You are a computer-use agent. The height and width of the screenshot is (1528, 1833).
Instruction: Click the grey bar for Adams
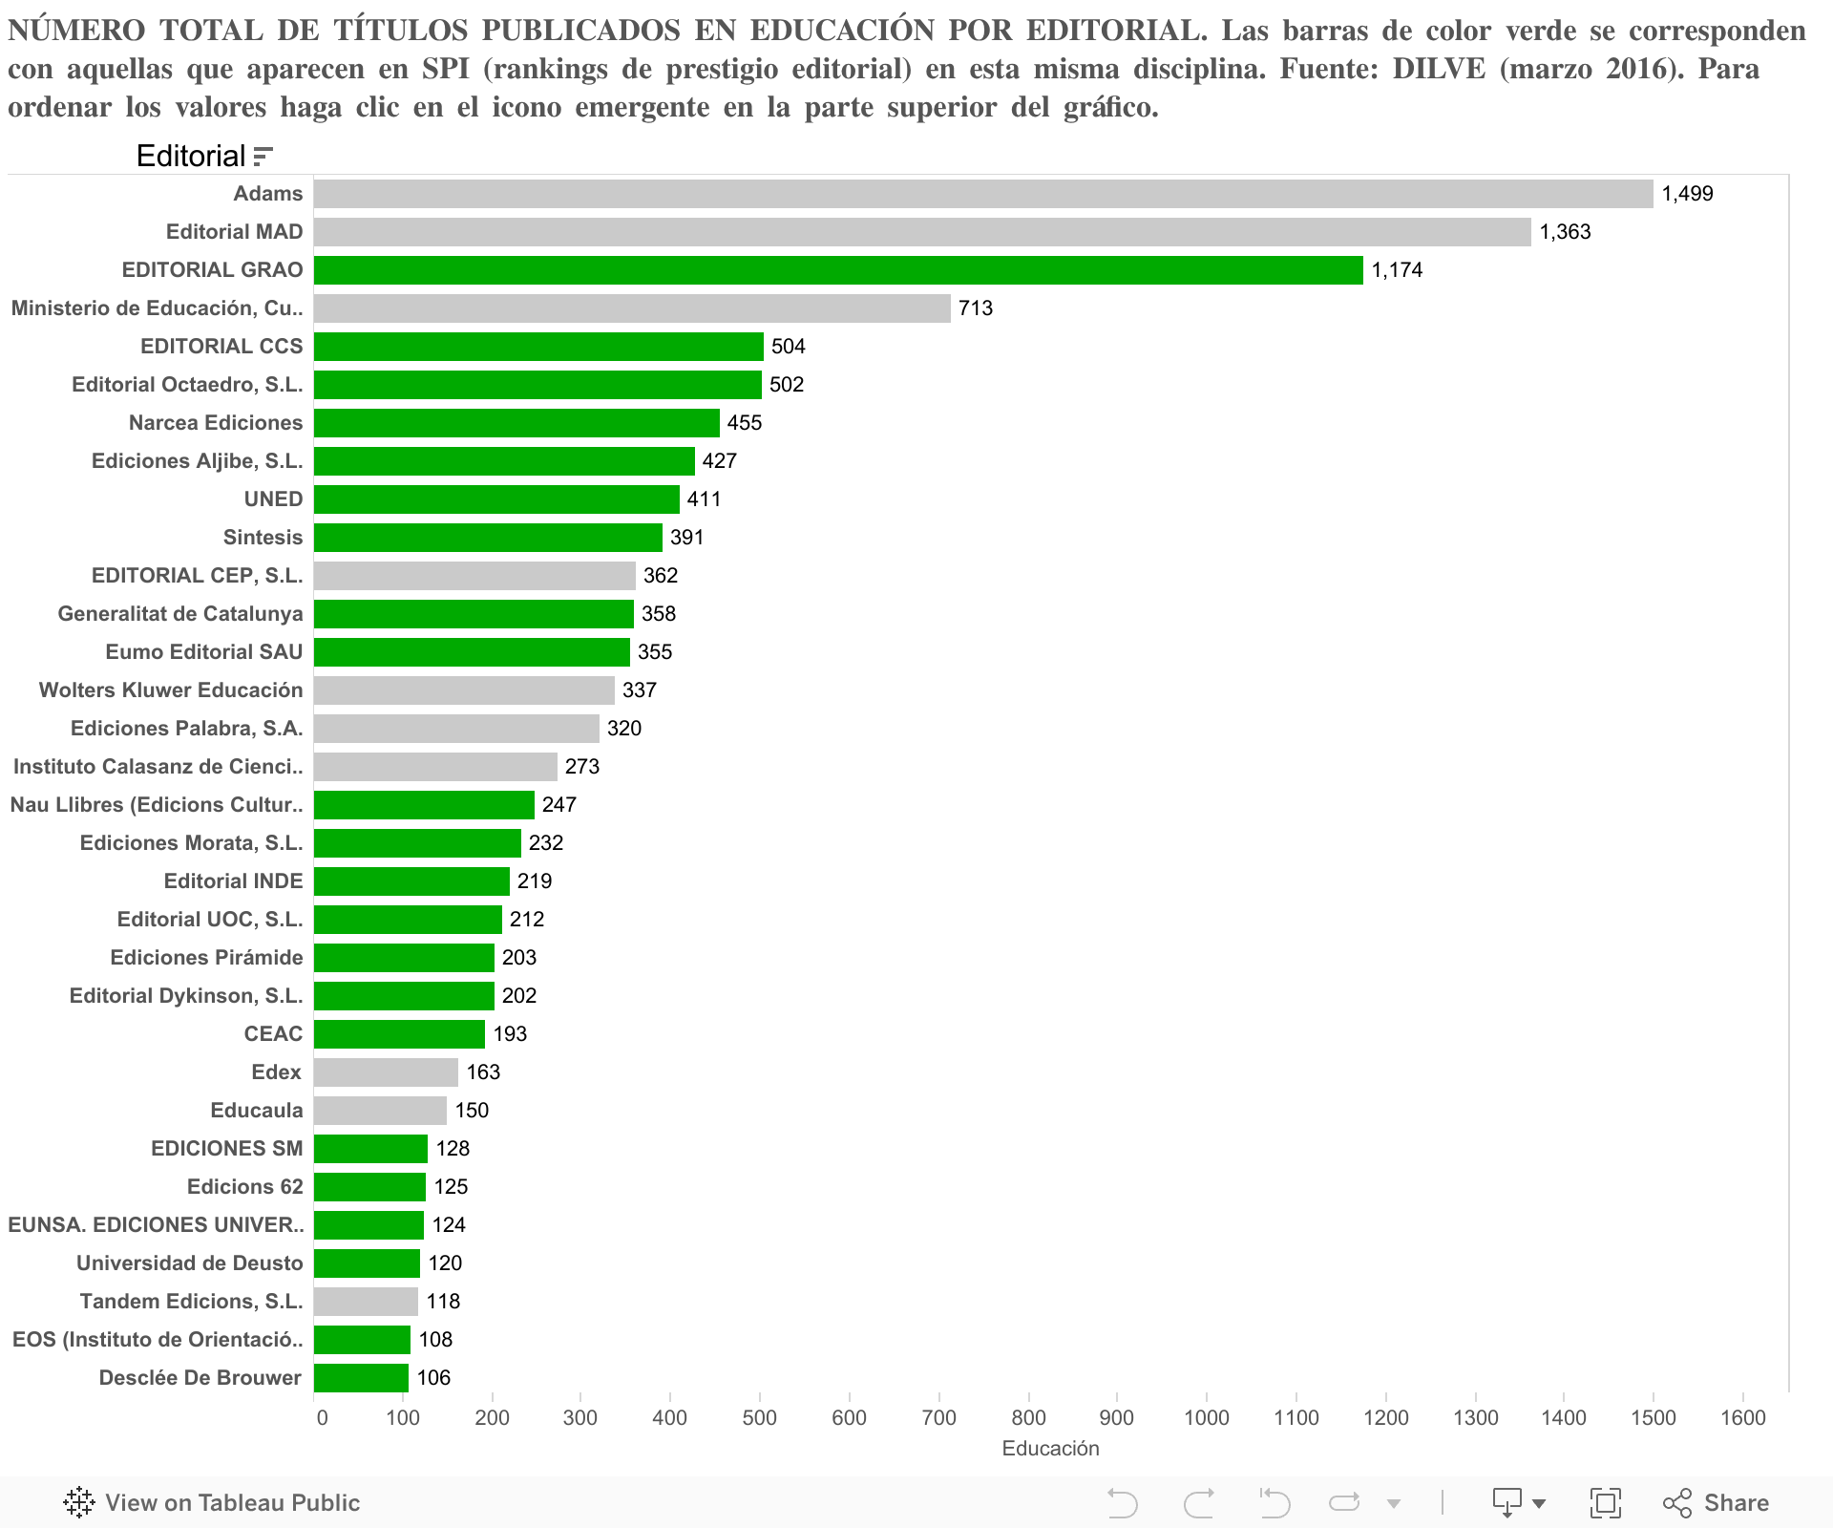[x=983, y=194]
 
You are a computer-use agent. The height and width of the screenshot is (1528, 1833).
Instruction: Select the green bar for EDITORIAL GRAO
[x=838, y=270]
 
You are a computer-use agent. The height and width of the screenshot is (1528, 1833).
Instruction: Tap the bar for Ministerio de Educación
[x=632, y=308]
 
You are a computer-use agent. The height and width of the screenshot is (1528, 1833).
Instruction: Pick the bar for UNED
[x=496, y=499]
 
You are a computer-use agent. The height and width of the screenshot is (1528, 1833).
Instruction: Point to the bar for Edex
[x=386, y=1072]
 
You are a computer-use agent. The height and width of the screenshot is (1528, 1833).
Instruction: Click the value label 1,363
[x=1565, y=232]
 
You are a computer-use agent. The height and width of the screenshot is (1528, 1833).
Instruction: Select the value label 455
[x=745, y=423]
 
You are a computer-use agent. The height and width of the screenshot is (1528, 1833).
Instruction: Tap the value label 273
[x=582, y=767]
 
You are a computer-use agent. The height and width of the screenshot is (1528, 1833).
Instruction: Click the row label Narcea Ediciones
[x=216, y=423]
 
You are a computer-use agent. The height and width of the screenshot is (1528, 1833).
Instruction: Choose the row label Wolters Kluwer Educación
[x=171, y=690]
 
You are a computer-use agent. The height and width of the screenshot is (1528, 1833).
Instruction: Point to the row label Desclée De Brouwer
[x=200, y=1378]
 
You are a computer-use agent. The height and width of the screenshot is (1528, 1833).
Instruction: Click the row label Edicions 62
[x=245, y=1187]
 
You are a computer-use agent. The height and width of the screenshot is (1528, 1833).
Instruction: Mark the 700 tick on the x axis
[x=939, y=1418]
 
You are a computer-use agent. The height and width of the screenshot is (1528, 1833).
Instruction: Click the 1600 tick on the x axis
[x=1743, y=1418]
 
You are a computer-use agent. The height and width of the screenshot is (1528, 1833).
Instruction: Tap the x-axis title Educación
[x=1050, y=1449]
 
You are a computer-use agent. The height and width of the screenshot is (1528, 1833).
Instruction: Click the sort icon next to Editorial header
[x=263, y=157]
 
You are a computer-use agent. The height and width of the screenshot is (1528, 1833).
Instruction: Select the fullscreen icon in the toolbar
[x=1606, y=1503]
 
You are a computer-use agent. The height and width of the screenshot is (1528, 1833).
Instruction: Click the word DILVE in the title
[x=1440, y=70]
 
